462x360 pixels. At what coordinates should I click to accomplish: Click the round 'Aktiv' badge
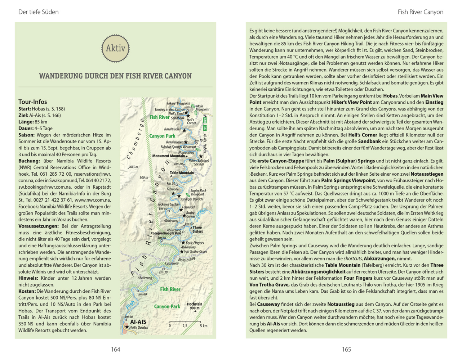click(x=115, y=48)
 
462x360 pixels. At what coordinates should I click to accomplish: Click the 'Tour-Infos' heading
click(x=32, y=102)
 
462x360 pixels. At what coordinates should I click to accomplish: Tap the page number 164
click(x=115, y=349)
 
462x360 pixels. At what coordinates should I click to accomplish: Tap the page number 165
click(x=346, y=349)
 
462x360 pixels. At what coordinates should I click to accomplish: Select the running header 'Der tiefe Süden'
click(x=38, y=12)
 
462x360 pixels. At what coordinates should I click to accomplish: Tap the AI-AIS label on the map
click(x=138, y=322)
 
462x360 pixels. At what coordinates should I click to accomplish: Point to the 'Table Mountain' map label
click(x=182, y=173)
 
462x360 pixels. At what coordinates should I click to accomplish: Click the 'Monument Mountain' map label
click(x=168, y=156)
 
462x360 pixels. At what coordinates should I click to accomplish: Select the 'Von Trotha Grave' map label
click(x=195, y=252)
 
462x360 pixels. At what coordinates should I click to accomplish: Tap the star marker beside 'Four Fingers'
click(x=183, y=243)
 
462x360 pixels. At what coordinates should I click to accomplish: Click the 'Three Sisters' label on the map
click(x=197, y=229)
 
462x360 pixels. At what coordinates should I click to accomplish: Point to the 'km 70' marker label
click(x=163, y=272)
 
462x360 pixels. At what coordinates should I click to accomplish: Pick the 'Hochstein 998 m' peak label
click(x=194, y=306)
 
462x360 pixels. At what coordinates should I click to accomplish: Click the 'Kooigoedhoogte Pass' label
click(x=166, y=233)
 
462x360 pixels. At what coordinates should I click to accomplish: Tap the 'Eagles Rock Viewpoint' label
click(x=198, y=192)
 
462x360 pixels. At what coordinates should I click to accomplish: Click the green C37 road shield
click(x=205, y=128)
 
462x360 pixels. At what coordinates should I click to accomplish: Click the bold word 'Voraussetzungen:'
click(x=39, y=226)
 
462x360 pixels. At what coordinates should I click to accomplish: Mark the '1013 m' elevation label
click(x=133, y=167)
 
